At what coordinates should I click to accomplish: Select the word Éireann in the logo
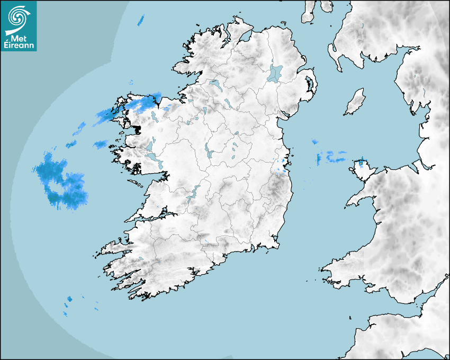pos(19,46)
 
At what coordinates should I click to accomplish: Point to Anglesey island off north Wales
pos(362,168)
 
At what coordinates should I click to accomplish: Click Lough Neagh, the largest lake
pos(276,73)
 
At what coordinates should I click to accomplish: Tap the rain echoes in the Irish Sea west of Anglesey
pos(331,157)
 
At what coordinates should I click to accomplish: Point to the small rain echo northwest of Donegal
pos(141,21)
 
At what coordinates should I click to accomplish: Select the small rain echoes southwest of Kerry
pos(69,301)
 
